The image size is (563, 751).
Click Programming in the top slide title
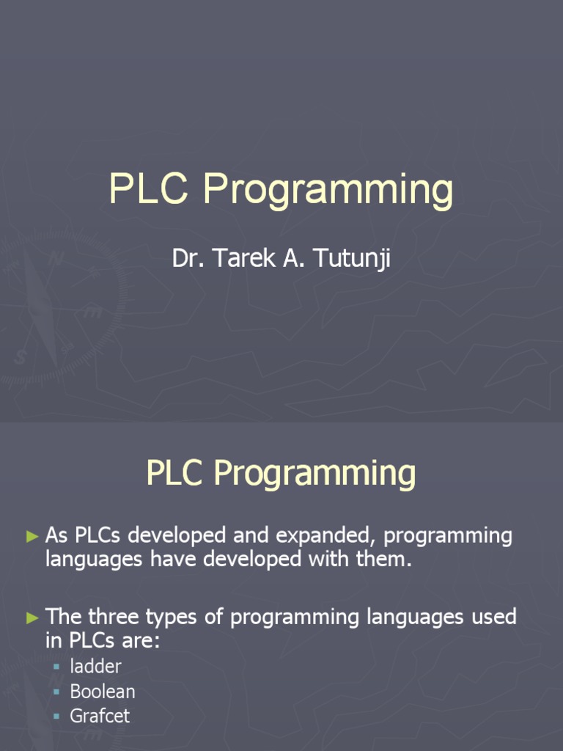[x=328, y=192]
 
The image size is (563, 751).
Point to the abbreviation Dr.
[x=185, y=258]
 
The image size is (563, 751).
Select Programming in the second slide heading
[x=314, y=475]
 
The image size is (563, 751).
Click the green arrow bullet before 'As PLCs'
[x=32, y=536]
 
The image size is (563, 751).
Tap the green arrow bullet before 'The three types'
[x=32, y=618]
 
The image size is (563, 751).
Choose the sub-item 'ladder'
[x=95, y=667]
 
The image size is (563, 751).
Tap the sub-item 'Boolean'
[x=103, y=692]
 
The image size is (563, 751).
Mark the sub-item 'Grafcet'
[x=100, y=716]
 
